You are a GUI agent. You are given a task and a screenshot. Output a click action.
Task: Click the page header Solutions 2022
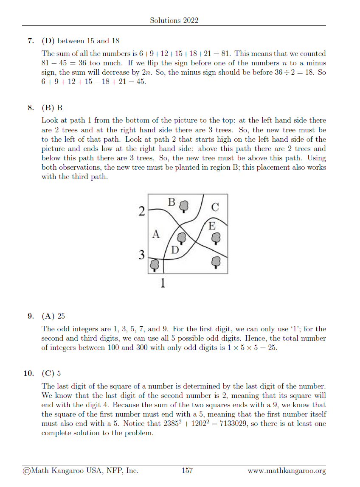click(174, 20)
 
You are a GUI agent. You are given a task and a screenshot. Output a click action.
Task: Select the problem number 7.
click(30, 41)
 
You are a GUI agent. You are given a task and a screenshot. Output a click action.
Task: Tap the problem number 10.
click(28, 373)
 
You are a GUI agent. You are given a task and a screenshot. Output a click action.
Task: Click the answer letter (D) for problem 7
click(48, 41)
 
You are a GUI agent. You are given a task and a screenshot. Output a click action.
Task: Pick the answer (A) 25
click(53, 316)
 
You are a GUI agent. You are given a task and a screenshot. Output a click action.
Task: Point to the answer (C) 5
click(51, 373)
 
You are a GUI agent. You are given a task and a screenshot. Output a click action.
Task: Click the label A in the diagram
click(156, 234)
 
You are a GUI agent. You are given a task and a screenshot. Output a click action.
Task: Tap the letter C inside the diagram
click(215, 207)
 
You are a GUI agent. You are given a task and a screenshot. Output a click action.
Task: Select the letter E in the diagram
click(212, 226)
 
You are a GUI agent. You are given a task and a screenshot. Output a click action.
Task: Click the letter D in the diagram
click(174, 249)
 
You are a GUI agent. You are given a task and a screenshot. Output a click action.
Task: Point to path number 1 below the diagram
click(163, 283)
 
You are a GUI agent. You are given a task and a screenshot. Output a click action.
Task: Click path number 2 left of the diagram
click(142, 211)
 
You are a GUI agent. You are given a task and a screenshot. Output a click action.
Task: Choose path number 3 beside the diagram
click(142, 255)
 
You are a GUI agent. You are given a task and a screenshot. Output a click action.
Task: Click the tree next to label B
click(183, 206)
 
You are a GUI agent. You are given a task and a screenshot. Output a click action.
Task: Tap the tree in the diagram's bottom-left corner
click(155, 266)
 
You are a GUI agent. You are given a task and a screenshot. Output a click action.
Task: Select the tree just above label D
click(182, 238)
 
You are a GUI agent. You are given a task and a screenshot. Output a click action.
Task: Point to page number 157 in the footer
click(187, 470)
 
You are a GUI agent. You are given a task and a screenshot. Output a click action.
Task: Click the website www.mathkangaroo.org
click(287, 470)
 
